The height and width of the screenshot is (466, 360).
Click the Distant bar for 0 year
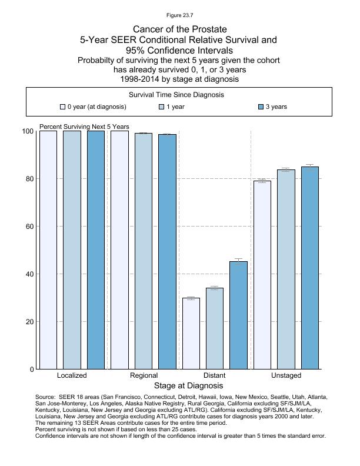pyautogui.click(x=191, y=334)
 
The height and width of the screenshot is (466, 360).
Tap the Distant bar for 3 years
pyautogui.click(x=238, y=315)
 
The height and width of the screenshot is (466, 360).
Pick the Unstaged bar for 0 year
pyautogui.click(x=262, y=275)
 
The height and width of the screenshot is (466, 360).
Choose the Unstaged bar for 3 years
pyautogui.click(x=309, y=268)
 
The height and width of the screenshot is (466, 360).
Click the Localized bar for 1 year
pyautogui.click(x=72, y=250)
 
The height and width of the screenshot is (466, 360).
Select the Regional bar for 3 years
pyautogui.click(x=167, y=252)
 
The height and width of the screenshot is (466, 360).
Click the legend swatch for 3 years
pyautogui.click(x=262, y=107)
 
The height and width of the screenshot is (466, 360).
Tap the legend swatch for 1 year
pyautogui.click(x=162, y=107)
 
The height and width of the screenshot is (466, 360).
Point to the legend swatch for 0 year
pyautogui.click(x=62, y=107)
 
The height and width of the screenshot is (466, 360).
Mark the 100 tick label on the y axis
pyautogui.click(x=27, y=131)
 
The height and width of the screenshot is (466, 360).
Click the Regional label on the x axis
pyautogui.click(x=144, y=375)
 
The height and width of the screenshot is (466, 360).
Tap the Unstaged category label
pyautogui.click(x=286, y=375)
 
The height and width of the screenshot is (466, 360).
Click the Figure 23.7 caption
pyautogui.click(x=179, y=15)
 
